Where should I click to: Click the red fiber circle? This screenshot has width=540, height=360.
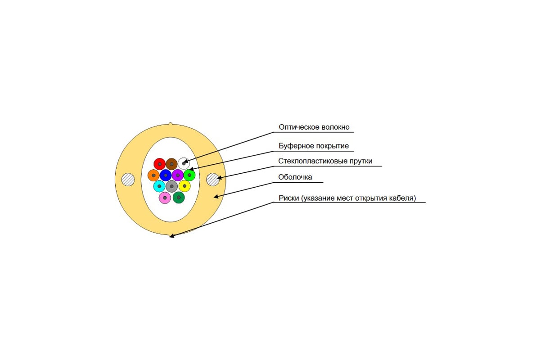(160, 164)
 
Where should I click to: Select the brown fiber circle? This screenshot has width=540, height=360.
(171, 164)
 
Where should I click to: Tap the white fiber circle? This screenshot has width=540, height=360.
(184, 163)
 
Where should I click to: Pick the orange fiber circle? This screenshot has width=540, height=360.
(153, 175)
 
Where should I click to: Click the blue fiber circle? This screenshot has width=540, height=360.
(166, 175)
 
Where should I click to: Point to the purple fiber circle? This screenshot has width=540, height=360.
(178, 175)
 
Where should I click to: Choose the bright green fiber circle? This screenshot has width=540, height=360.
(189, 175)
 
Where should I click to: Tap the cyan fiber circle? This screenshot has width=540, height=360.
(159, 186)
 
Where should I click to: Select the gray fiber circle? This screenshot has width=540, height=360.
(171, 186)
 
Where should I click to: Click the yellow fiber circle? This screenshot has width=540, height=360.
(184, 186)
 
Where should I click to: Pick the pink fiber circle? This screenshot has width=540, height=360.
(165, 198)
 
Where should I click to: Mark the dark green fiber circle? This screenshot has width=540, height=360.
(179, 198)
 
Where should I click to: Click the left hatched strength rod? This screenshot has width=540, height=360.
(128, 180)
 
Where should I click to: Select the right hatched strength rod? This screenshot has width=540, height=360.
(213, 180)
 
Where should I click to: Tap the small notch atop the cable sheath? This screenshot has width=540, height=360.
(171, 124)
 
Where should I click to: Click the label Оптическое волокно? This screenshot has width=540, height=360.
(314, 127)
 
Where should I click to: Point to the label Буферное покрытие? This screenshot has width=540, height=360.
(314, 146)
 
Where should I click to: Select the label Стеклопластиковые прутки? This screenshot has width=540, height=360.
(325, 161)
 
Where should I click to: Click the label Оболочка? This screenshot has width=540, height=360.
(295, 177)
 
